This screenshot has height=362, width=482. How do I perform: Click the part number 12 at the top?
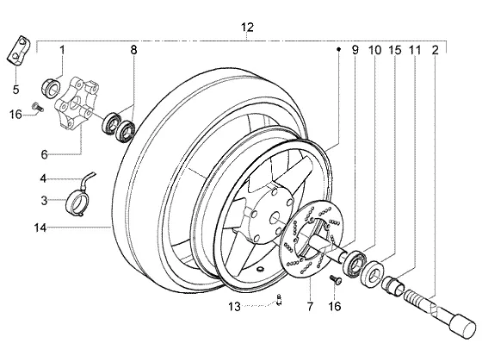(247, 28)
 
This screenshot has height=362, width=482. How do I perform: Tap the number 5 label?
(16, 90)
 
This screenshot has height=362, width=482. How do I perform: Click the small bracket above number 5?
(18, 51)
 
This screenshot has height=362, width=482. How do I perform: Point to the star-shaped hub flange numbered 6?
(77, 103)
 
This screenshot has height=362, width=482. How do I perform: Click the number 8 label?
(133, 50)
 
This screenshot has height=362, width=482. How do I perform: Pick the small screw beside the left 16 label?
(38, 107)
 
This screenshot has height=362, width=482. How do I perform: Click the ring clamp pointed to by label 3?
(77, 203)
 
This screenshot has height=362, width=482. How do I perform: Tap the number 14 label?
(40, 228)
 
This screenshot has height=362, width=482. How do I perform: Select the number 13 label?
(234, 307)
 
